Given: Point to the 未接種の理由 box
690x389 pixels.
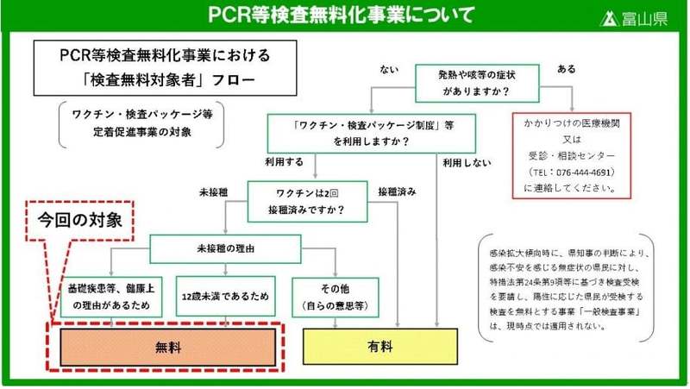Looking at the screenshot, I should pyautogui.click(x=241, y=248).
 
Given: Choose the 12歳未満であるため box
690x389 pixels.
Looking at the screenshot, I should pyautogui.click(x=226, y=294).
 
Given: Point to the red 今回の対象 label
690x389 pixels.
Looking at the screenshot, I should pyautogui.click(x=83, y=220).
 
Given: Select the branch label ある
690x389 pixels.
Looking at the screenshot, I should pyautogui.click(x=568, y=68).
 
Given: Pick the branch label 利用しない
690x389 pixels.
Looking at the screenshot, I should pyautogui.click(x=466, y=162).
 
